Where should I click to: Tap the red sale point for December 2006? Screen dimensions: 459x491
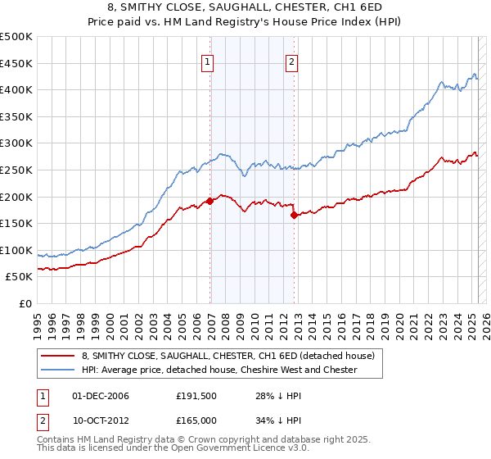[x=210, y=200]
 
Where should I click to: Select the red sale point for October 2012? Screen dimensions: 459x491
[x=294, y=215]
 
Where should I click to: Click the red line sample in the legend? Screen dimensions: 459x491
[x=59, y=356]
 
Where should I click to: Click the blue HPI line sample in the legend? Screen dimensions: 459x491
[x=59, y=370]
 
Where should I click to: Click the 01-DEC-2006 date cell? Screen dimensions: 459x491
[x=101, y=396]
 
